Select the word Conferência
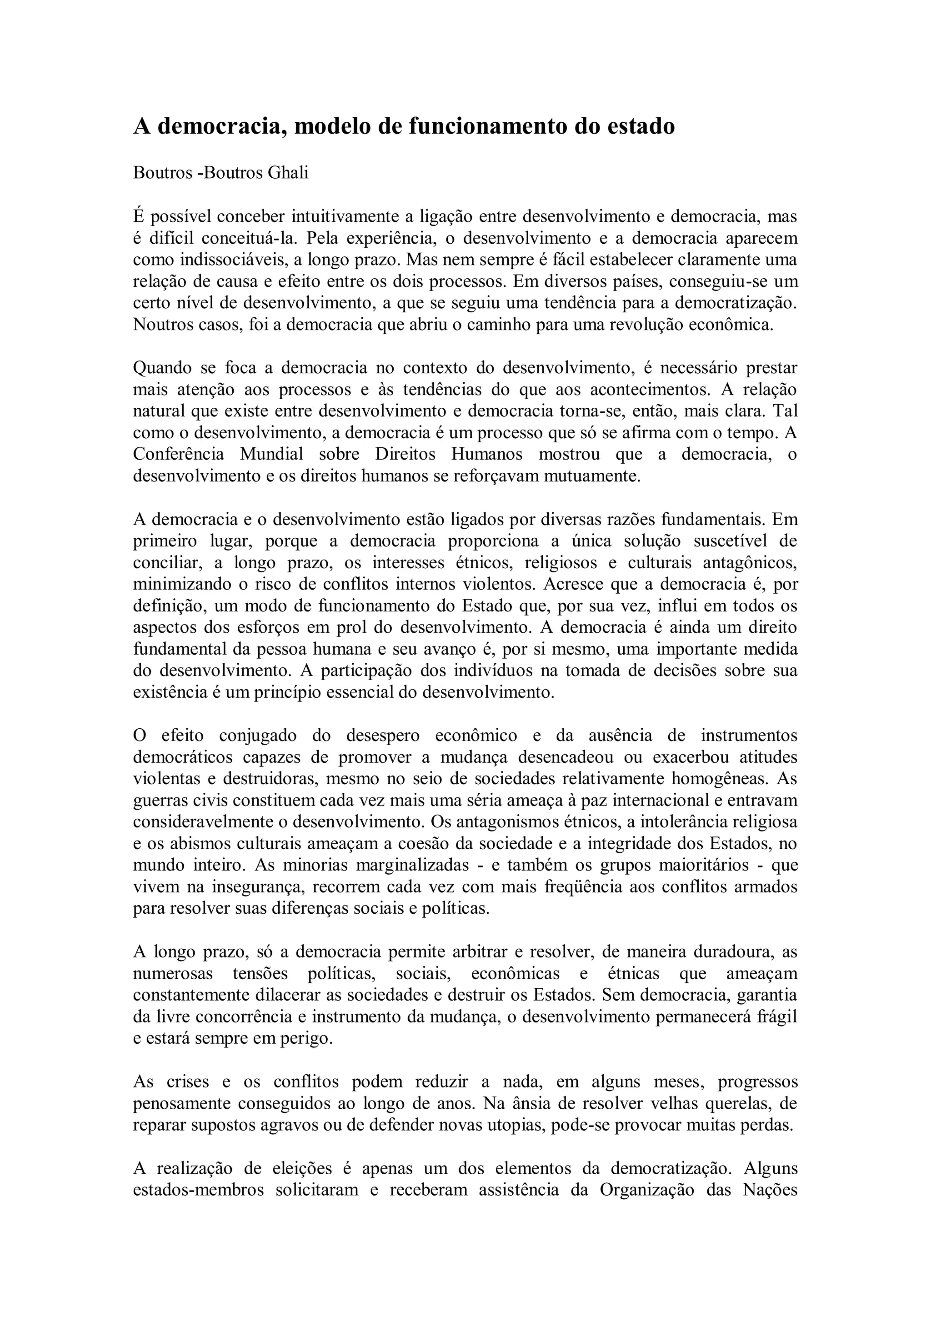(x=178, y=454)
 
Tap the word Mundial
(x=271, y=454)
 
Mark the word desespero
(x=383, y=736)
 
